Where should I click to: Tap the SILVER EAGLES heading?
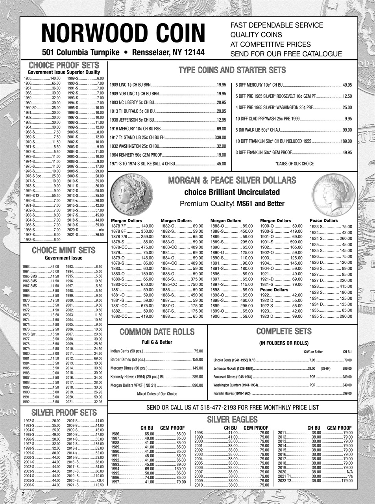pyautogui.click(x=232, y=419)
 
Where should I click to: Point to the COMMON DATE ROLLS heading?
pyautogui.click(x=157, y=332)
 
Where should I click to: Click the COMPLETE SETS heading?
pyautogui.click(x=284, y=331)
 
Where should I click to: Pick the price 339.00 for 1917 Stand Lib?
pyautogui.click(x=220, y=137)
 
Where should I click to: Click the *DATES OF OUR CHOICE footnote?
pyautogui.click(x=294, y=163)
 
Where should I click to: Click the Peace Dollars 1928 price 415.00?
pyautogui.click(x=346, y=286)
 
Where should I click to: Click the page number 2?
pyautogui.click(x=23, y=494)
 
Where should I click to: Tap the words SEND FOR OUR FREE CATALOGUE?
pyautogui.click(x=286, y=54)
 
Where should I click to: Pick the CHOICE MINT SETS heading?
pyautogui.click(x=63, y=250)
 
